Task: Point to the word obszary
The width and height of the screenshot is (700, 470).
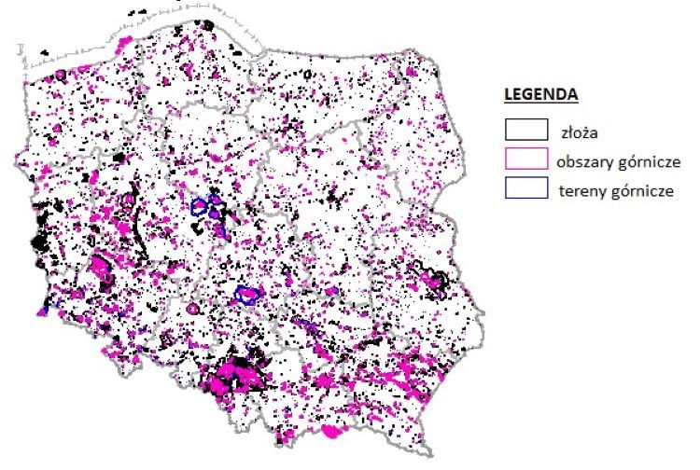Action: [584, 160]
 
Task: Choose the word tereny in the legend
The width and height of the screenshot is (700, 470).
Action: [578, 189]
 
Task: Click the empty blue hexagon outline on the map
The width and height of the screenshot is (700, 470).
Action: [199, 207]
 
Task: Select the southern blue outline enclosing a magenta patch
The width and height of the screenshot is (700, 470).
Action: [248, 295]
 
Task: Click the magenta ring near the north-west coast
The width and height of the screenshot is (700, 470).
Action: [61, 75]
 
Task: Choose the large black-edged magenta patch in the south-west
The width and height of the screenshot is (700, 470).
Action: [101, 269]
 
